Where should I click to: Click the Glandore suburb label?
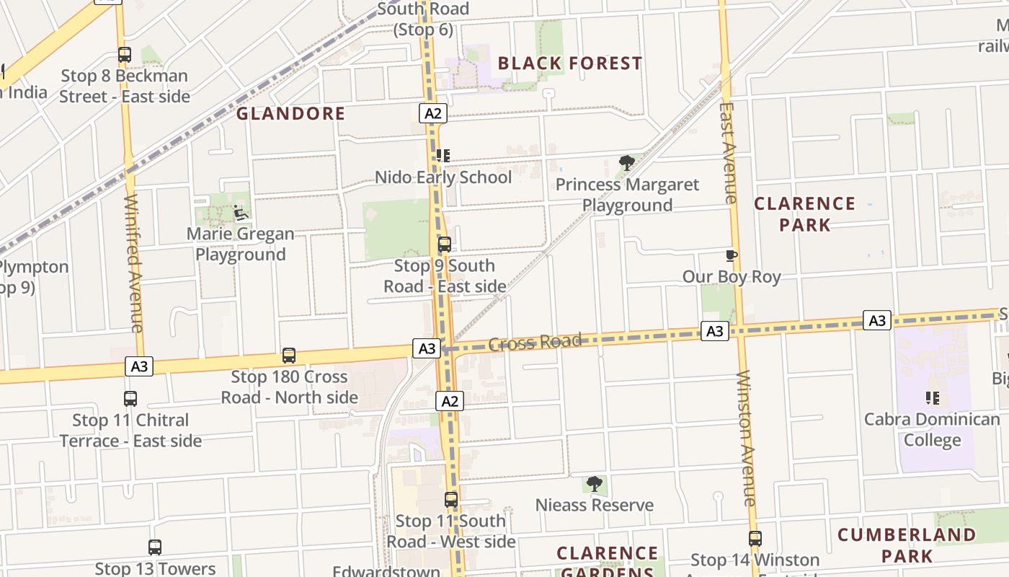(x=290, y=113)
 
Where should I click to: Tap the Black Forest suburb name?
(x=569, y=63)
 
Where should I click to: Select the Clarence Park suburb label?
(x=804, y=214)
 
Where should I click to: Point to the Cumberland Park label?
(x=907, y=545)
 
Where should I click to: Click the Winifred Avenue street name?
(x=133, y=263)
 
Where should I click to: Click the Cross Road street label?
(x=535, y=342)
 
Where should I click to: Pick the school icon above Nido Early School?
(x=443, y=155)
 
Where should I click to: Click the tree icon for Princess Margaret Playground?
(x=627, y=163)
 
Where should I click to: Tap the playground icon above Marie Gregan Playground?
(x=240, y=213)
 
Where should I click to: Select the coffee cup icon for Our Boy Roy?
(x=732, y=255)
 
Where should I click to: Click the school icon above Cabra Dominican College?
(x=932, y=398)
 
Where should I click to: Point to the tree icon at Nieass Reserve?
(x=595, y=484)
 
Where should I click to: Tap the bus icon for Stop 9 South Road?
(x=445, y=245)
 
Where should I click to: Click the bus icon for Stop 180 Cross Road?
(x=289, y=356)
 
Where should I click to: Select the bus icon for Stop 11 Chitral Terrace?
(x=130, y=399)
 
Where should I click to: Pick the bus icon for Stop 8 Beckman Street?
(x=125, y=55)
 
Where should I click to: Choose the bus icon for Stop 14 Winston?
(x=755, y=539)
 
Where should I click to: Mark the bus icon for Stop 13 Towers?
(x=155, y=547)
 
